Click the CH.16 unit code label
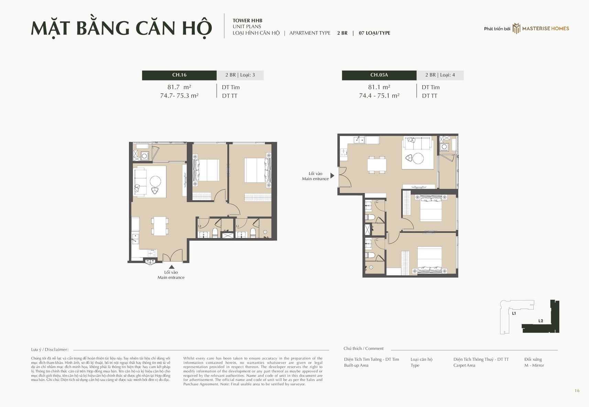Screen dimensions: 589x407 point(179,75)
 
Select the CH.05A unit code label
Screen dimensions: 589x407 point(379,75)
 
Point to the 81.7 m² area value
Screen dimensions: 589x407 point(179,87)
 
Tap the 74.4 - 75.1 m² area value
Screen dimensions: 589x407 point(379,96)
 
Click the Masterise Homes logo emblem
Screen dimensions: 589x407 point(516,29)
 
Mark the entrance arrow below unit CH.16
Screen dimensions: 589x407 point(172,267)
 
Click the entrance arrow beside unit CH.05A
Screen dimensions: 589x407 point(332,176)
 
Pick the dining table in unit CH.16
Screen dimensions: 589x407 point(160,226)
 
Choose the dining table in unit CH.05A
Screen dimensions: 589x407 point(377,165)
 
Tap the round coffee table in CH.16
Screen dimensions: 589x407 point(155,181)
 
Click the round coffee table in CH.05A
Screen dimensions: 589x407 point(418,158)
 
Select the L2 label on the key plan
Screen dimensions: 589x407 point(541,321)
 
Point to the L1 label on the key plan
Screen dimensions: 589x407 point(514,314)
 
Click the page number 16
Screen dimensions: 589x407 point(577,391)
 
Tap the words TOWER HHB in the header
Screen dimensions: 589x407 point(248,21)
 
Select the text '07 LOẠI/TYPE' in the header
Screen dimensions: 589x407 point(374,33)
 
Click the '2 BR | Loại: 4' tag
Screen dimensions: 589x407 point(440,75)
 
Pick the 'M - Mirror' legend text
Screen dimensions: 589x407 point(534,365)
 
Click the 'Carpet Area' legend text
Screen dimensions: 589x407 point(464,365)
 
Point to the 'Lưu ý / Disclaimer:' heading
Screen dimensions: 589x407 point(50,349)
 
